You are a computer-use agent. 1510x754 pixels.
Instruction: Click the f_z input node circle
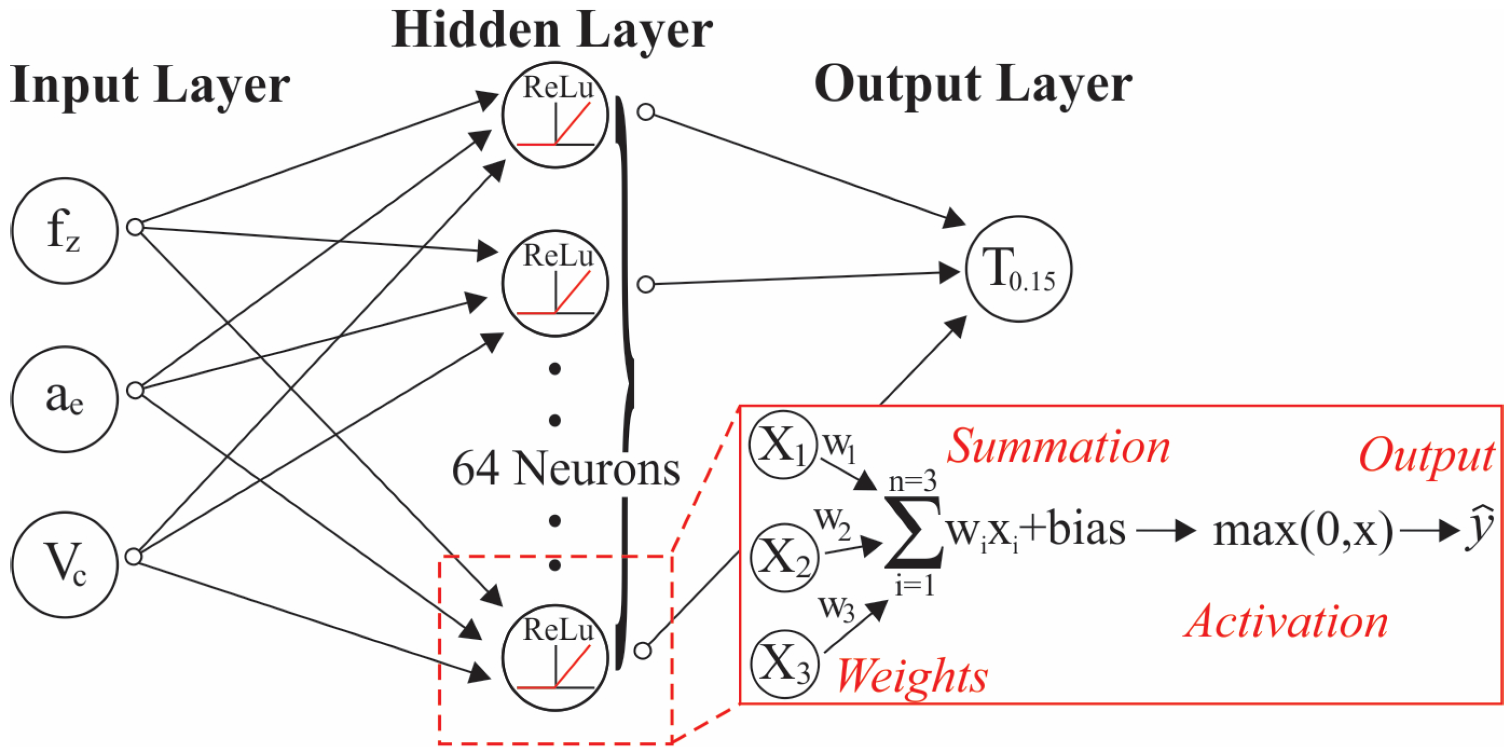point(64,231)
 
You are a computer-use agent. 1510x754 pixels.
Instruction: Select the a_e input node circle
point(64,399)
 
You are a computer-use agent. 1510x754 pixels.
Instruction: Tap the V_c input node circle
point(64,565)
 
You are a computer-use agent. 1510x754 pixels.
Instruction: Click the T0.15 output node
point(1019,269)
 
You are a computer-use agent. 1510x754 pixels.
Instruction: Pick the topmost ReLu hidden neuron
point(555,115)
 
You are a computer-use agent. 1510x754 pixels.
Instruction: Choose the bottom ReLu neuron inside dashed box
point(555,657)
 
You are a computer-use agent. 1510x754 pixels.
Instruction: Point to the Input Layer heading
point(150,85)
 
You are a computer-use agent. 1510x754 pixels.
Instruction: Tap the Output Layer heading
point(973,85)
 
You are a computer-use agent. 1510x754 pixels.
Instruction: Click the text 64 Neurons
point(565,469)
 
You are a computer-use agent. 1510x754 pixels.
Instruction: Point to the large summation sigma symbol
point(913,533)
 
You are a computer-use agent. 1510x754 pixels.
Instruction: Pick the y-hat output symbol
point(1480,529)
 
